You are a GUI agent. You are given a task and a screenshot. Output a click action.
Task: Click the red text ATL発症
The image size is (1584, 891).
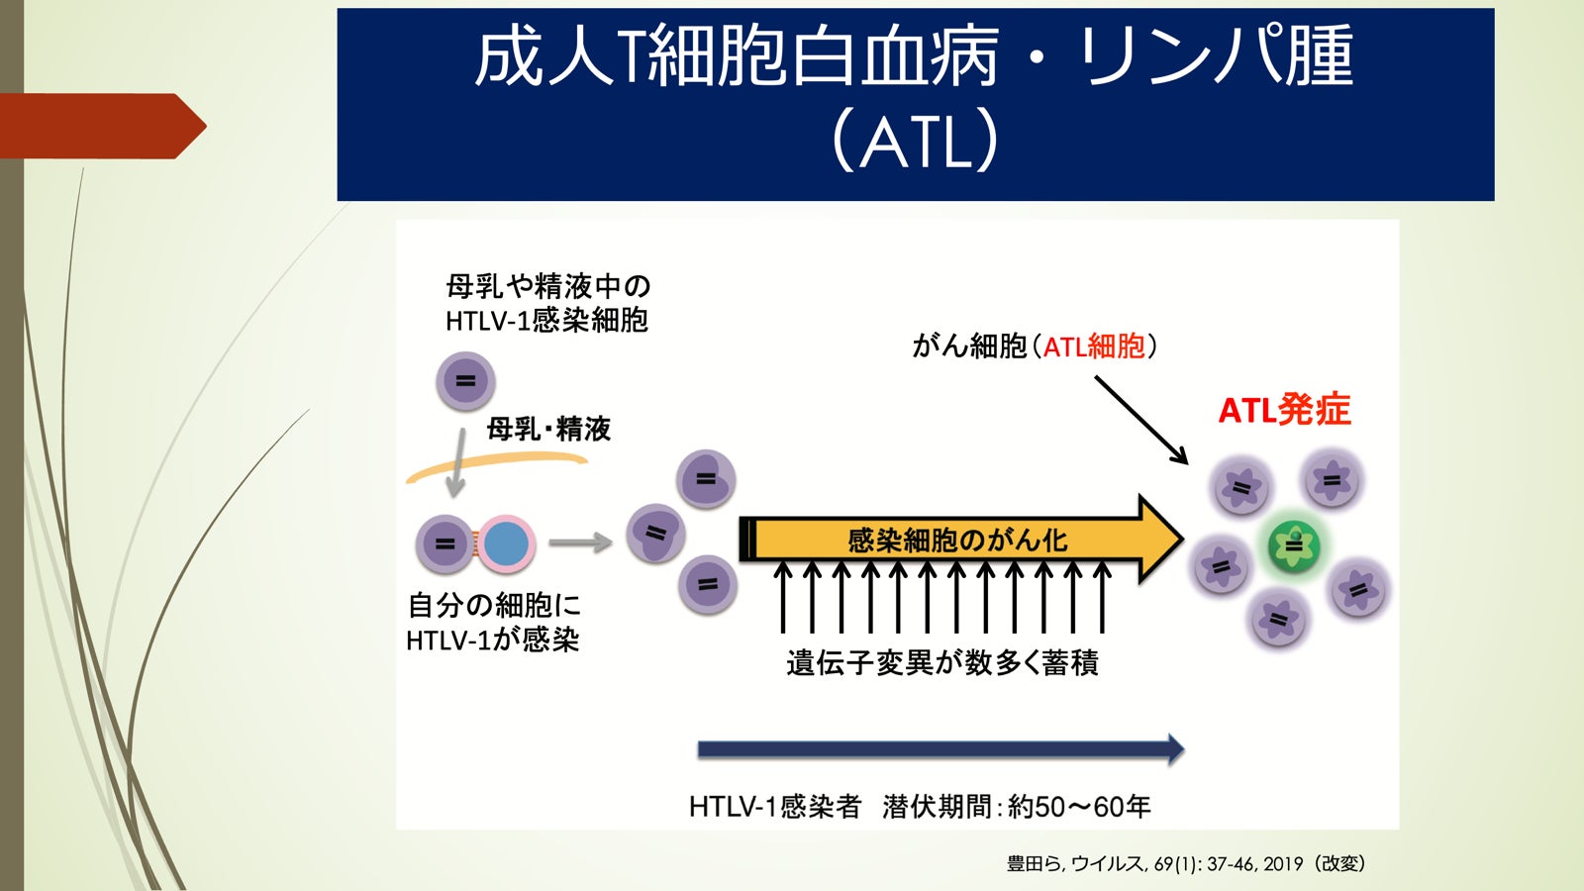1284,410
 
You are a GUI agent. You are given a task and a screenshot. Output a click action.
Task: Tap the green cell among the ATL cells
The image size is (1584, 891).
1294,545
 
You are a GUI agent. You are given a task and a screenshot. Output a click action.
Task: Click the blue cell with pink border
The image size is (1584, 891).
507,544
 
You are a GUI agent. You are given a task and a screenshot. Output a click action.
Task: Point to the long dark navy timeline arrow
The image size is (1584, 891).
940,749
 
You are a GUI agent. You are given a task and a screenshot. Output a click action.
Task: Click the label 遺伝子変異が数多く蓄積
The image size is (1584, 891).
941,662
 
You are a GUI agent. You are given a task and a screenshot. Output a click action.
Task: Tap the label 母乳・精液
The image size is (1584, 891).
548,429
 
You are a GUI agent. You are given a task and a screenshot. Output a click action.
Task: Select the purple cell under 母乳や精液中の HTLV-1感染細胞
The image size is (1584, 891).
465,381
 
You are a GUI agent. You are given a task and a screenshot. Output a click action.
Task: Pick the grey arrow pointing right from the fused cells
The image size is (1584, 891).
580,543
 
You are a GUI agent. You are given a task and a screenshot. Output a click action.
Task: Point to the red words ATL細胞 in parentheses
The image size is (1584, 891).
1094,346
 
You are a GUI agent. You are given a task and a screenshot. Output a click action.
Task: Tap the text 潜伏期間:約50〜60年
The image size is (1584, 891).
1017,807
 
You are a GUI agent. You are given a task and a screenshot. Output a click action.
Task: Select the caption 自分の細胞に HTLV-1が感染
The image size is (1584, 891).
493,623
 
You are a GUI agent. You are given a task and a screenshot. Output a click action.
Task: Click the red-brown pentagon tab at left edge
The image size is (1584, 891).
99,126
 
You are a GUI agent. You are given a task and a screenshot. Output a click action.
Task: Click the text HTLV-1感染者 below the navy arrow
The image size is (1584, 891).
775,807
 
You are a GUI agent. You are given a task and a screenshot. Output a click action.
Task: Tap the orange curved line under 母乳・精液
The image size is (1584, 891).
495,463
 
